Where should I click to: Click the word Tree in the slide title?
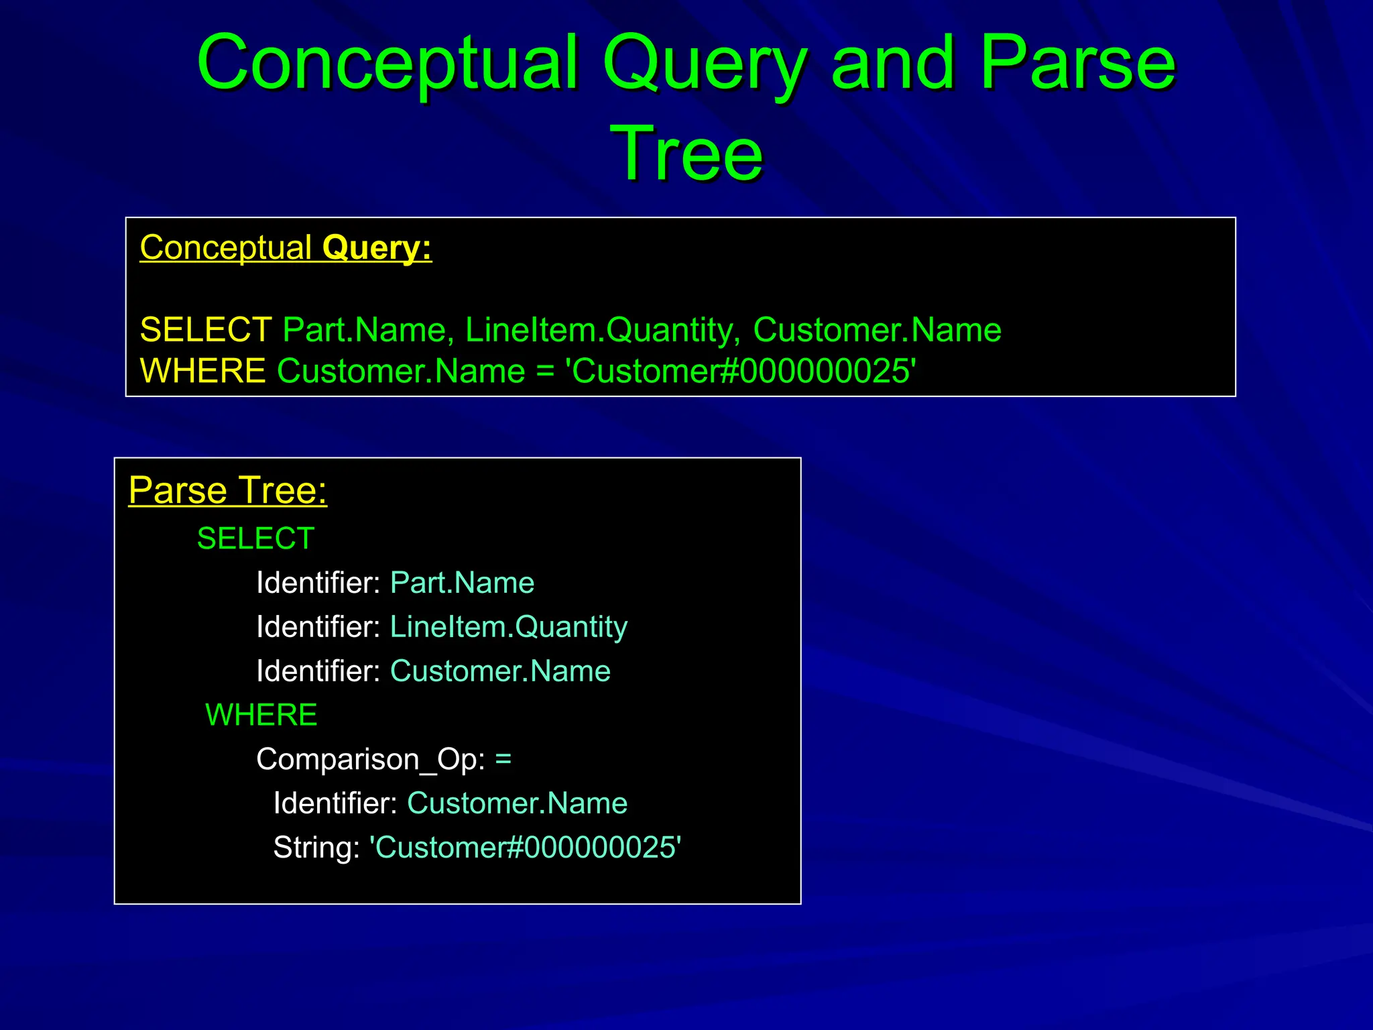[686, 154]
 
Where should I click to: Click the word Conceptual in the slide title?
[387, 64]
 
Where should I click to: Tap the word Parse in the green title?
[1077, 64]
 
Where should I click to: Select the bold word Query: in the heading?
[377, 248]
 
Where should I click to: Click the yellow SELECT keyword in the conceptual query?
[205, 330]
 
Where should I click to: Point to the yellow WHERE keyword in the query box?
[202, 371]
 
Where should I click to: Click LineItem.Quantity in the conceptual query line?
[603, 330]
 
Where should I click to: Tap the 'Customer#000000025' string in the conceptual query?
[741, 371]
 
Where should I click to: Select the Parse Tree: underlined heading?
[228, 490]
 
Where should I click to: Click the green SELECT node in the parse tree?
[255, 538]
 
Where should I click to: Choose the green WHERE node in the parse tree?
[261, 715]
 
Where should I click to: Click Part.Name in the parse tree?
[462, 583]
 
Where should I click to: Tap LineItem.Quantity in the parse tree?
[508, 627]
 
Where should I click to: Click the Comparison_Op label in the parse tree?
[370, 760]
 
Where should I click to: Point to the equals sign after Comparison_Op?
[503, 760]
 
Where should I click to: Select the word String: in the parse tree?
[316, 848]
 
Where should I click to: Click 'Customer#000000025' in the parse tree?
[526, 848]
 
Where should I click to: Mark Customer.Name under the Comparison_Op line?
[517, 803]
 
